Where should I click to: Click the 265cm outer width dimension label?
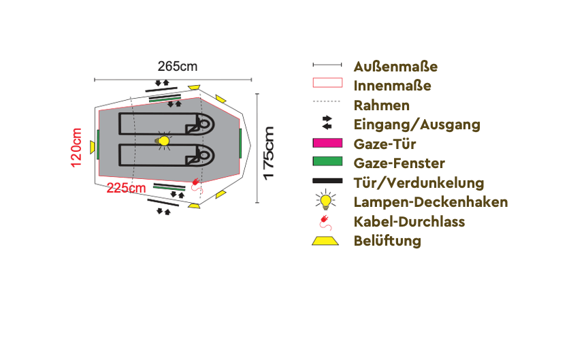click(178, 67)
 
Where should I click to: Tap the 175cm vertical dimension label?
click(269, 153)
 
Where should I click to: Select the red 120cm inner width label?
click(76, 148)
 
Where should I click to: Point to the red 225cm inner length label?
click(126, 188)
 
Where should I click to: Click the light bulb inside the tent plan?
click(163, 141)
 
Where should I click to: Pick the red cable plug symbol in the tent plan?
click(197, 185)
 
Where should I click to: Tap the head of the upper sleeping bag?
click(203, 124)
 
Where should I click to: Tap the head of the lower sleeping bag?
click(203, 155)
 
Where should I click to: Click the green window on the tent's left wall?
click(98, 144)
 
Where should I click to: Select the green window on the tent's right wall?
click(240, 143)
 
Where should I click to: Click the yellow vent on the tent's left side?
click(93, 147)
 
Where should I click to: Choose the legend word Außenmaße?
click(395, 67)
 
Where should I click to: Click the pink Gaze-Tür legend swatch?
click(327, 143)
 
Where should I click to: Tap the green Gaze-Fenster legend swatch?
click(327, 161)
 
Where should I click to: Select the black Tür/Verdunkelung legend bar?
click(327, 181)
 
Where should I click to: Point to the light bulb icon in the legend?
click(325, 200)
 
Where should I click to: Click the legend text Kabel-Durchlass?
click(409, 222)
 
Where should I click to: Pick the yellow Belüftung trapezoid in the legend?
click(325, 241)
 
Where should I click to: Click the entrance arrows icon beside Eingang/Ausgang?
click(327, 122)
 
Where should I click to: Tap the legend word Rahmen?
click(381, 105)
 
